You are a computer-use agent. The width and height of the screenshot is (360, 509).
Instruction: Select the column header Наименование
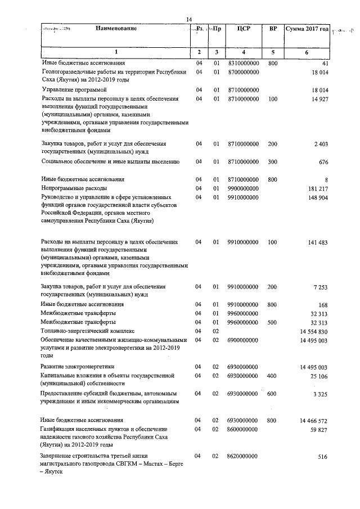tap(116, 29)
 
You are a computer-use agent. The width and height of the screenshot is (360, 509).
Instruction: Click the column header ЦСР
tap(244, 29)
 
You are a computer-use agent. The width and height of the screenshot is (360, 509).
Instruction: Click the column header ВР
tap(273, 29)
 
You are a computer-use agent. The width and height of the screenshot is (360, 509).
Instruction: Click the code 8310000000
tap(244, 64)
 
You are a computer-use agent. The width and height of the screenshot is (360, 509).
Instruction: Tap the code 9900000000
tap(244, 188)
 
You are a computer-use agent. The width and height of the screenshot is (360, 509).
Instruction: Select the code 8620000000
tap(244, 456)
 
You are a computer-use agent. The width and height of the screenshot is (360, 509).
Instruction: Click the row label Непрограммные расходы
tap(74, 188)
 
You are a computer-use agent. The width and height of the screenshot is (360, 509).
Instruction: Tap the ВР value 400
tap(273, 376)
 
